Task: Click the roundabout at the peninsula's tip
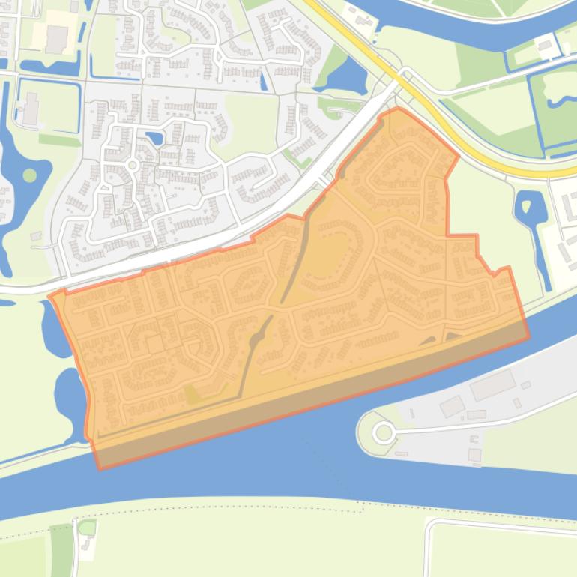384,432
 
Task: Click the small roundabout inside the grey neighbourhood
132,165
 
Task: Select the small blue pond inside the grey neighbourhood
155,138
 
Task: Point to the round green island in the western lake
29,175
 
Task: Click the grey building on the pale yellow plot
55,38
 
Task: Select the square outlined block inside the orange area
155,344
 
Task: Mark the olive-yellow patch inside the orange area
193,395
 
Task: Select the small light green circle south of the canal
87,528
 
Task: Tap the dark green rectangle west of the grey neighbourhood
59,140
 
